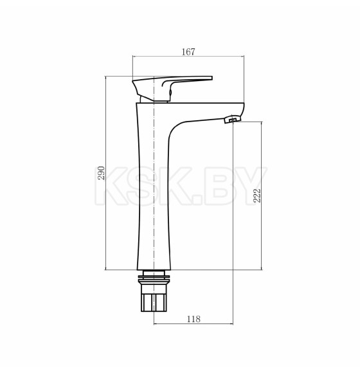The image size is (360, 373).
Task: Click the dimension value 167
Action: (x=188, y=51)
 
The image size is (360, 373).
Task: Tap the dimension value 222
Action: (x=257, y=196)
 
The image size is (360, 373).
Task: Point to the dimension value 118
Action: (x=194, y=319)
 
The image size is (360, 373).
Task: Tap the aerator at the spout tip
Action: (x=233, y=119)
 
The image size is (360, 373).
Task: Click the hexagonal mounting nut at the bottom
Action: (x=154, y=302)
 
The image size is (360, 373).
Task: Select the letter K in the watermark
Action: (x=110, y=186)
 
